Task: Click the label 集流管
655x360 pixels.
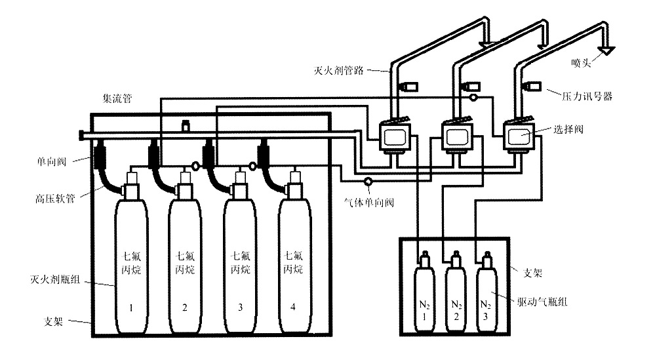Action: (118, 99)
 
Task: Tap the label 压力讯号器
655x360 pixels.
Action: (587, 96)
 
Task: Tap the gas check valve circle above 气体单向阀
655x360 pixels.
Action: (368, 181)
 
